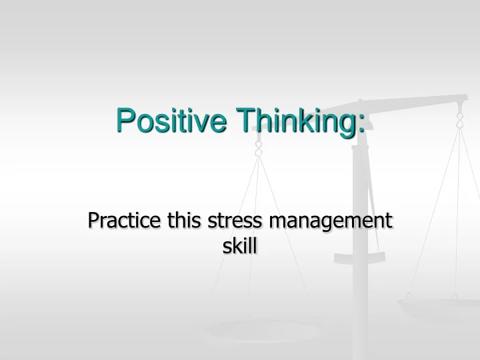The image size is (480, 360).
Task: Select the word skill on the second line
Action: tap(240, 247)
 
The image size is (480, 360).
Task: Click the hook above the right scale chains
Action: tap(459, 120)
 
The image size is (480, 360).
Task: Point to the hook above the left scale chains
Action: tap(259, 149)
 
